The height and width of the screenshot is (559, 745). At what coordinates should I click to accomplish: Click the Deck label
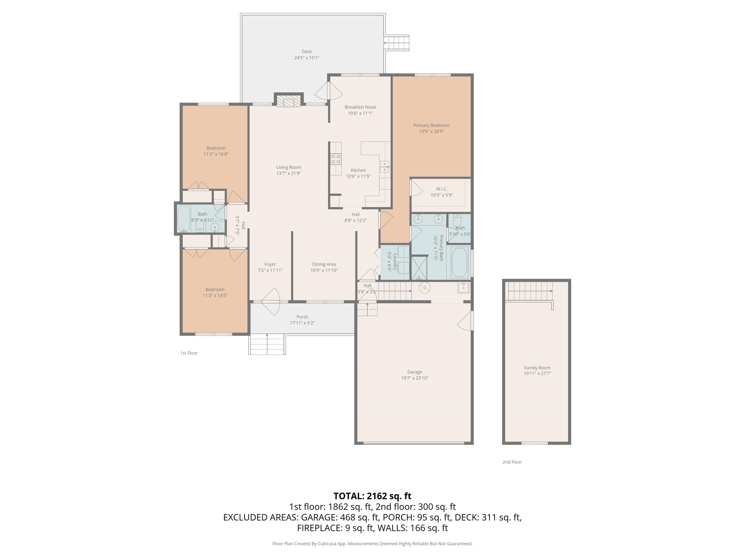(x=307, y=51)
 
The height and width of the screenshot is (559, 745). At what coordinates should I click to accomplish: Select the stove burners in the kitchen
(x=336, y=159)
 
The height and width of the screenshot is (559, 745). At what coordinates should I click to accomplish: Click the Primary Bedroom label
(x=431, y=125)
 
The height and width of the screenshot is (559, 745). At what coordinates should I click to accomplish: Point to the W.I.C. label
(x=442, y=189)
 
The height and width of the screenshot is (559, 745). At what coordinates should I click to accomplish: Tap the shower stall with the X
(x=419, y=268)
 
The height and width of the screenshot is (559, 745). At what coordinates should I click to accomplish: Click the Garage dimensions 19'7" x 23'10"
(x=415, y=378)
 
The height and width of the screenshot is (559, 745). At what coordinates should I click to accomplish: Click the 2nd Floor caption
(x=512, y=462)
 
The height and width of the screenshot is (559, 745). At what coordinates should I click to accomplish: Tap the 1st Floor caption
(x=189, y=353)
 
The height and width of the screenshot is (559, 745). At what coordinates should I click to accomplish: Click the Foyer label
(x=270, y=264)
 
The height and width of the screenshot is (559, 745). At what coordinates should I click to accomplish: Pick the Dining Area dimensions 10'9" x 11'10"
(x=324, y=270)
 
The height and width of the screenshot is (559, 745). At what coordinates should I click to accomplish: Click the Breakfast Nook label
(x=360, y=107)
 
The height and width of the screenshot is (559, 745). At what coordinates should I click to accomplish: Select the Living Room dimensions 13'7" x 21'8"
(x=289, y=173)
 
